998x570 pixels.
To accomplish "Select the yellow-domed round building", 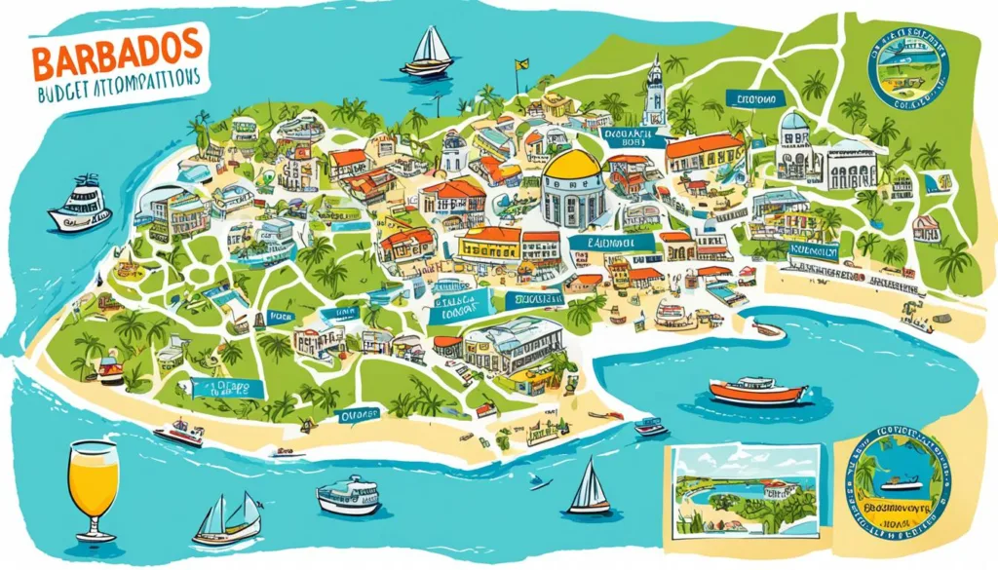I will pos(572,187).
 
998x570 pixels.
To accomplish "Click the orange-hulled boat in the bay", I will pos(758,391).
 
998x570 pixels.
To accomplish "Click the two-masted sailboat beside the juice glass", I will pos(228,518).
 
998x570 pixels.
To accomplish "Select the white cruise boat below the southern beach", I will pos(349,495).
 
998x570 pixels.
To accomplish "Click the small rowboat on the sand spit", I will pos(768,329).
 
